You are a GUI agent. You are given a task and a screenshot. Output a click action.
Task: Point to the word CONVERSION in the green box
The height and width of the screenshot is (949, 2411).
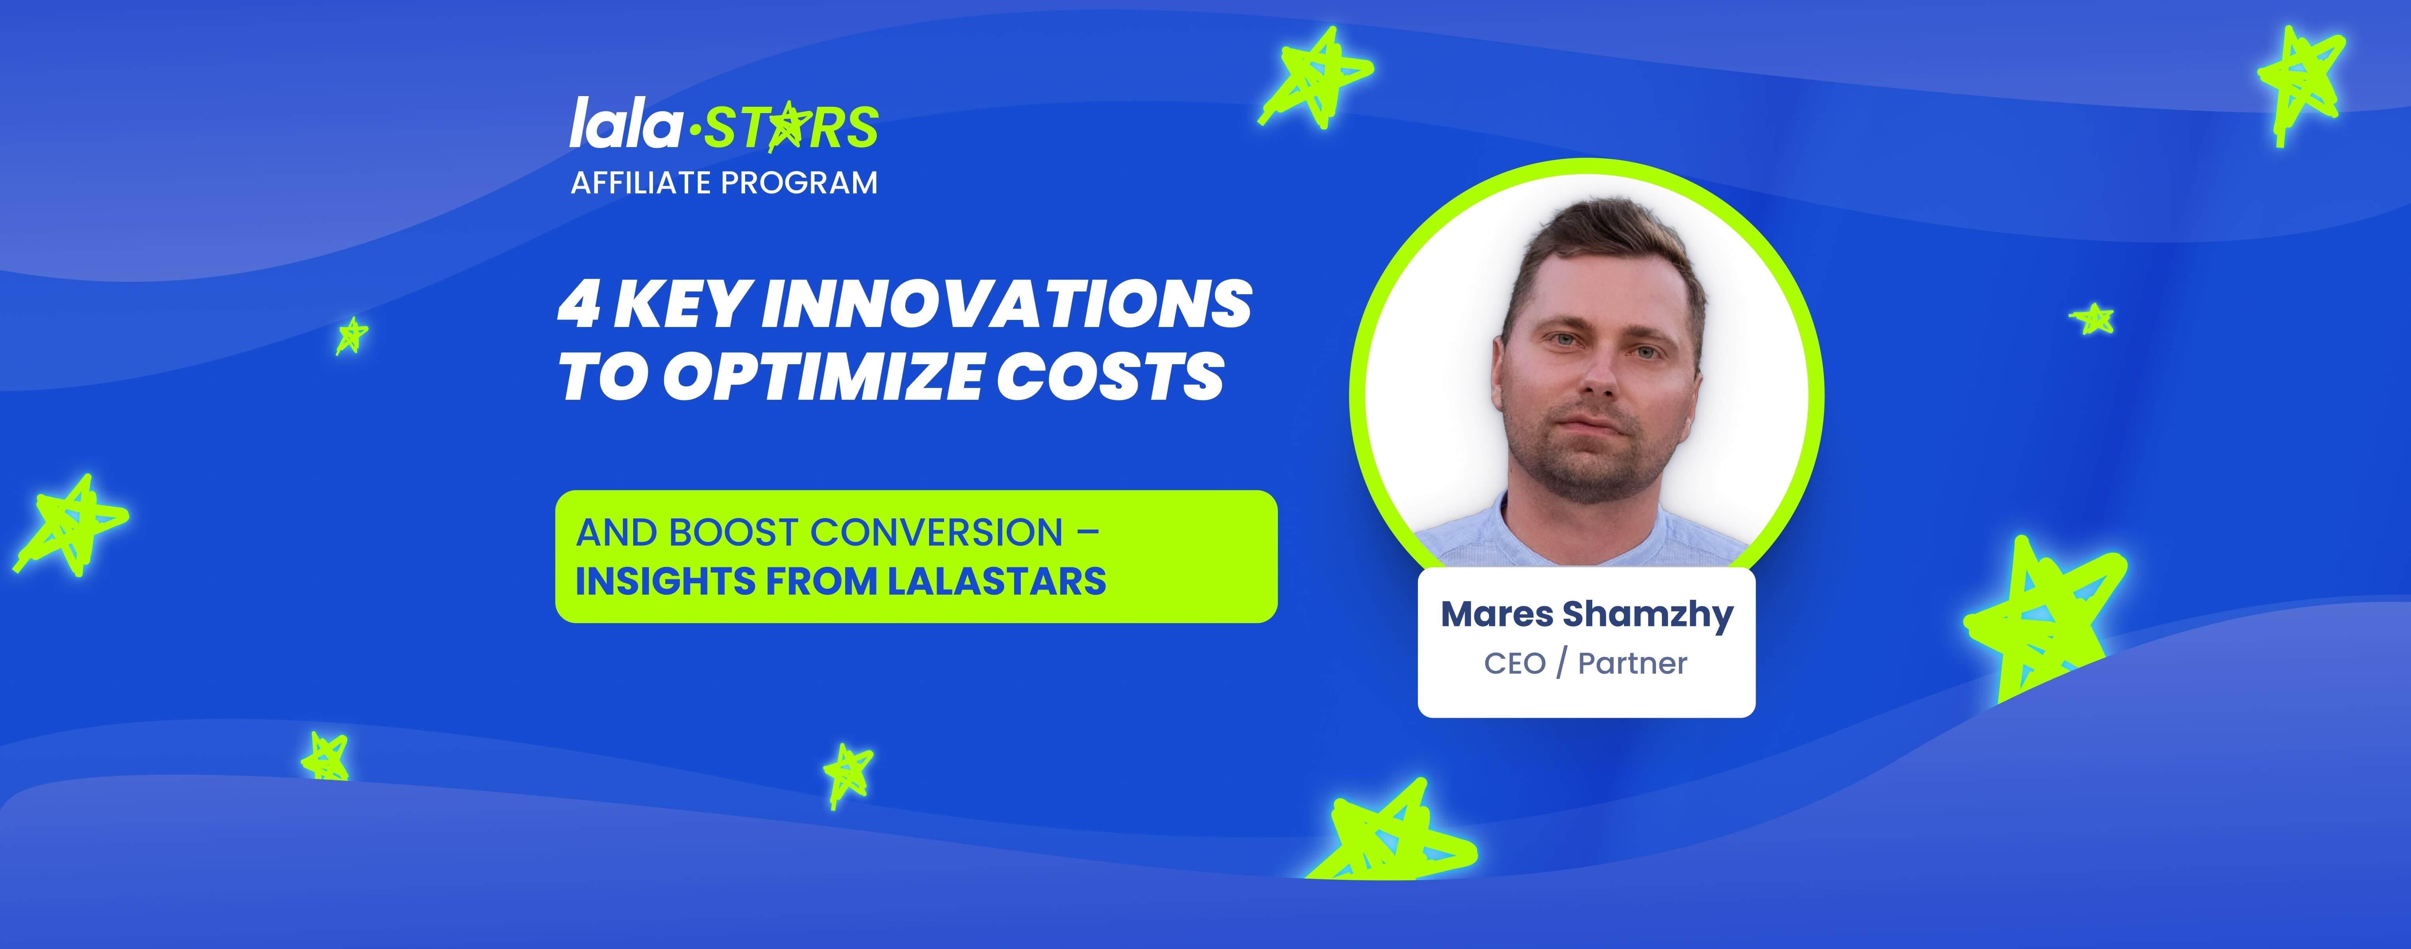coord(937,533)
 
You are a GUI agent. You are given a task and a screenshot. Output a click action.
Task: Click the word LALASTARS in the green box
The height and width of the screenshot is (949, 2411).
coord(996,581)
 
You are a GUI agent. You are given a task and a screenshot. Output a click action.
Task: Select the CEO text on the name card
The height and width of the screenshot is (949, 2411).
coord(1514,664)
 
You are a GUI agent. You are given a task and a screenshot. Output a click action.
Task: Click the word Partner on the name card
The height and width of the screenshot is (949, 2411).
coord(1632,664)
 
